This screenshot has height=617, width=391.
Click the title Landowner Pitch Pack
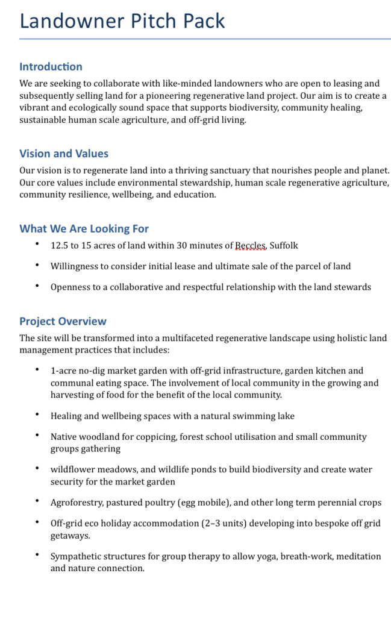tap(122, 21)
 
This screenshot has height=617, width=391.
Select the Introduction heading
tap(51, 67)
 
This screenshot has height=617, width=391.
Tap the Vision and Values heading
tap(64, 154)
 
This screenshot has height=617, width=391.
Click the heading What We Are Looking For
tap(84, 229)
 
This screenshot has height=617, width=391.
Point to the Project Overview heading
tap(63, 322)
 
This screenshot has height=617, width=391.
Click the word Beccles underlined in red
tap(250, 246)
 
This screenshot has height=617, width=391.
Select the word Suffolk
tap(284, 246)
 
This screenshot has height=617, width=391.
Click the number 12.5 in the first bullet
tap(60, 246)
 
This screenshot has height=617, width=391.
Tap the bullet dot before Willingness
tap(37, 265)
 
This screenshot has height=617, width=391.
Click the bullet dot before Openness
tap(37, 286)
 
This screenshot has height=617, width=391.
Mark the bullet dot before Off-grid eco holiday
tap(37, 522)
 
